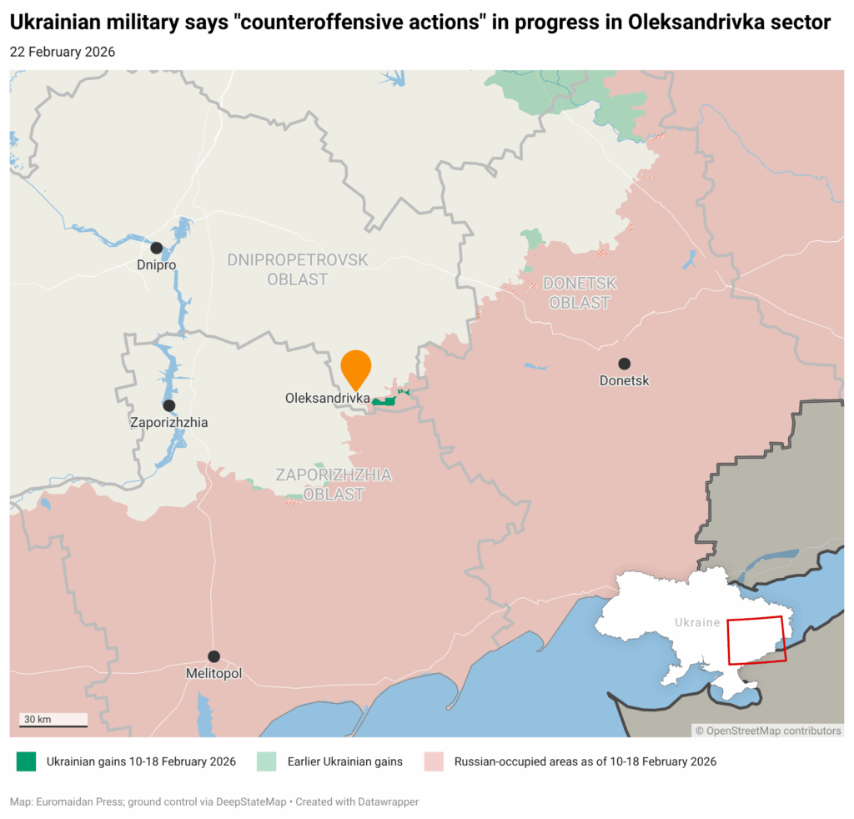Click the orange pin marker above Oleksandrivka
point(356,368)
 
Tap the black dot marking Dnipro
point(156,248)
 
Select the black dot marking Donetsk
point(624,364)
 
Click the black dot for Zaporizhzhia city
point(169,405)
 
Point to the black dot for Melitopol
point(213,656)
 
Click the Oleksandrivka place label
point(327,399)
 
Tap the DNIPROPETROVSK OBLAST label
point(297,269)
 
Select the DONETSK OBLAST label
point(580,293)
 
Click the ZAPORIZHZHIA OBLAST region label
point(334,484)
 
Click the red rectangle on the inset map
point(756,640)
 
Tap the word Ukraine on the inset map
point(696,622)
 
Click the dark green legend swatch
point(27,761)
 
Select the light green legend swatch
point(267,761)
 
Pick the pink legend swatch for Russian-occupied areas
point(434,761)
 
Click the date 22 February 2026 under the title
point(63,52)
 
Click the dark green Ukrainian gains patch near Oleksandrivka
point(384,401)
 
